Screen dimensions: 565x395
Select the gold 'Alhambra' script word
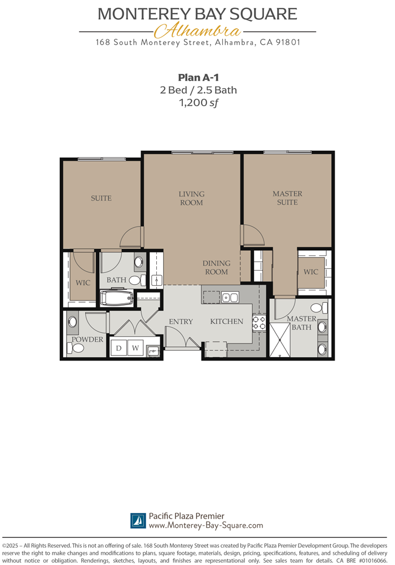(x=197, y=31)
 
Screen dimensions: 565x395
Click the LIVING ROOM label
(x=191, y=198)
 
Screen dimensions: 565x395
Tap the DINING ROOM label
(x=216, y=267)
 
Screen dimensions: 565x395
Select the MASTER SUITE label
(x=287, y=198)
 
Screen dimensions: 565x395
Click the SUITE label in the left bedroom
(x=101, y=198)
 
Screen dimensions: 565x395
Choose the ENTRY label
(x=181, y=321)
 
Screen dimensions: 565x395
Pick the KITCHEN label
(x=227, y=321)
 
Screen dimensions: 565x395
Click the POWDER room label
(x=87, y=340)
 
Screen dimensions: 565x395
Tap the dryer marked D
(x=119, y=349)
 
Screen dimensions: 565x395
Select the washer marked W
(x=135, y=349)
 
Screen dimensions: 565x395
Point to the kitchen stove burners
(x=258, y=323)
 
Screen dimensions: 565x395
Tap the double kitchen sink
(x=229, y=297)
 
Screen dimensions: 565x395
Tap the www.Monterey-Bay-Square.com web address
(x=205, y=525)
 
